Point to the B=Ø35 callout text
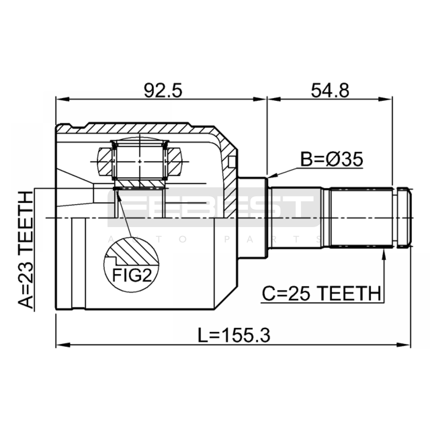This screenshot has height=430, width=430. (332, 159)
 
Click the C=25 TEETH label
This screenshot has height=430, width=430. (321, 293)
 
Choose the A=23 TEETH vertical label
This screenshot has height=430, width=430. (26, 250)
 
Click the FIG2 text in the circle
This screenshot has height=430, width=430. (132, 275)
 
